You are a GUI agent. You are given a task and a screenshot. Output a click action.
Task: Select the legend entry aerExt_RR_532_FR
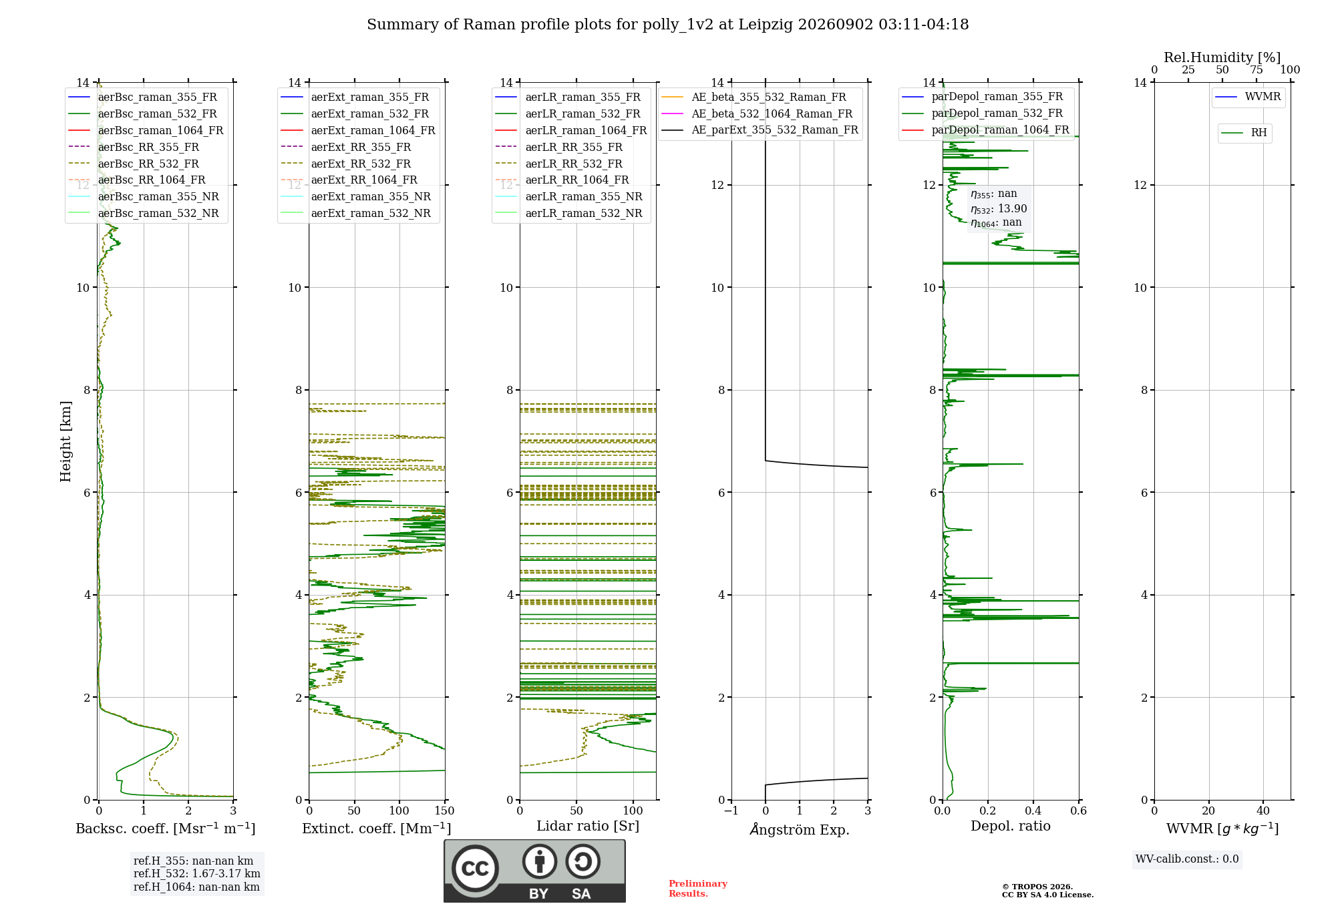coord(346,164)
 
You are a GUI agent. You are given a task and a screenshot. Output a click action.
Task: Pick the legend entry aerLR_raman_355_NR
coord(568,196)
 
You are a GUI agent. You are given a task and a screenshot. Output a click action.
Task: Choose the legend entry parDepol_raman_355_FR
coord(983,97)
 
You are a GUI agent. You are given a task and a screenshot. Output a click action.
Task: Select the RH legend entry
coord(1244,133)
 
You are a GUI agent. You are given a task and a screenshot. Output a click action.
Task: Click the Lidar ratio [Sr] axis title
coord(588,826)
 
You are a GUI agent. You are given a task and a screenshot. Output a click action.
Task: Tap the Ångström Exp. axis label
coord(800,829)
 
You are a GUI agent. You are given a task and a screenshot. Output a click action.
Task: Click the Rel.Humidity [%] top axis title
coord(1222,57)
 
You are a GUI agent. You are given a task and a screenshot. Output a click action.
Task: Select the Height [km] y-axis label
coord(65,441)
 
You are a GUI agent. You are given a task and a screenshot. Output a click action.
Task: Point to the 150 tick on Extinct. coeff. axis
coord(444,811)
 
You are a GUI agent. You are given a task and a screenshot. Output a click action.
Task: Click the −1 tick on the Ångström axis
coord(731,811)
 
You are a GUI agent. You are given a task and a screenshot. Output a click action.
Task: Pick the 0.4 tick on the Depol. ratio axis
coord(1033,811)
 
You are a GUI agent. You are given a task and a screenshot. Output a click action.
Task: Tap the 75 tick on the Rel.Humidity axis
coord(1257,70)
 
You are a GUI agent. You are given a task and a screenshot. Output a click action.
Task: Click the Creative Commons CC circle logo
coord(475,869)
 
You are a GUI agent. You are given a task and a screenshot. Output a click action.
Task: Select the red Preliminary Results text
coord(698,889)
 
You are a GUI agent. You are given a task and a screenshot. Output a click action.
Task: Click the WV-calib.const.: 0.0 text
coord(1187,859)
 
